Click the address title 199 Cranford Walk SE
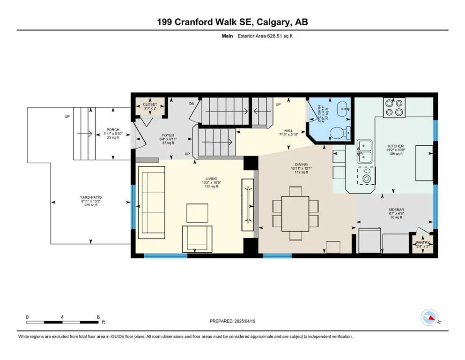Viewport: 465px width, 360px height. pos(232,22)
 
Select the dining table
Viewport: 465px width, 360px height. pos(295,213)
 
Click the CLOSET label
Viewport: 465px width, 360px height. pos(150,105)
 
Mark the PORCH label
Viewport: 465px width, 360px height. pos(113,130)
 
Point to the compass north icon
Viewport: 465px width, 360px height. pos(430,318)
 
